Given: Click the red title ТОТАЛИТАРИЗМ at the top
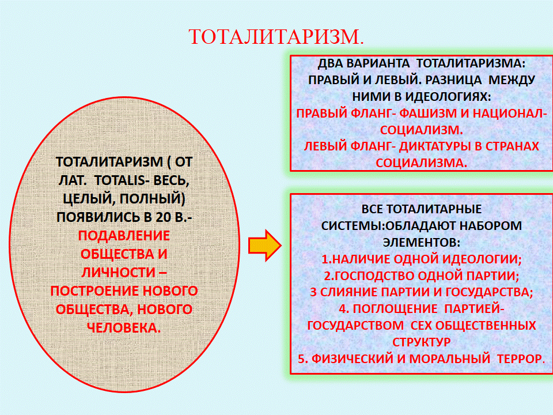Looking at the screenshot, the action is click(x=276, y=37).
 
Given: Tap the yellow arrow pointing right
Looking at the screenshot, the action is click(x=264, y=246).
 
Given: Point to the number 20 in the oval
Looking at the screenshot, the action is click(x=163, y=217).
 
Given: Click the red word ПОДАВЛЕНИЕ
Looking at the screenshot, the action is click(x=124, y=236).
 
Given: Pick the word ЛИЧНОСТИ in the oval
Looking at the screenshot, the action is click(x=118, y=273).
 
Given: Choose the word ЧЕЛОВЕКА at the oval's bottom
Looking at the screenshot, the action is click(x=124, y=328).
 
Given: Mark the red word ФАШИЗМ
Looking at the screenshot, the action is click(x=429, y=114).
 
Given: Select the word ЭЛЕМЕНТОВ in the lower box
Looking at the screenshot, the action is click(x=422, y=242).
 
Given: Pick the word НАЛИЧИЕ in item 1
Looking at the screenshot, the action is click(x=361, y=259).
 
